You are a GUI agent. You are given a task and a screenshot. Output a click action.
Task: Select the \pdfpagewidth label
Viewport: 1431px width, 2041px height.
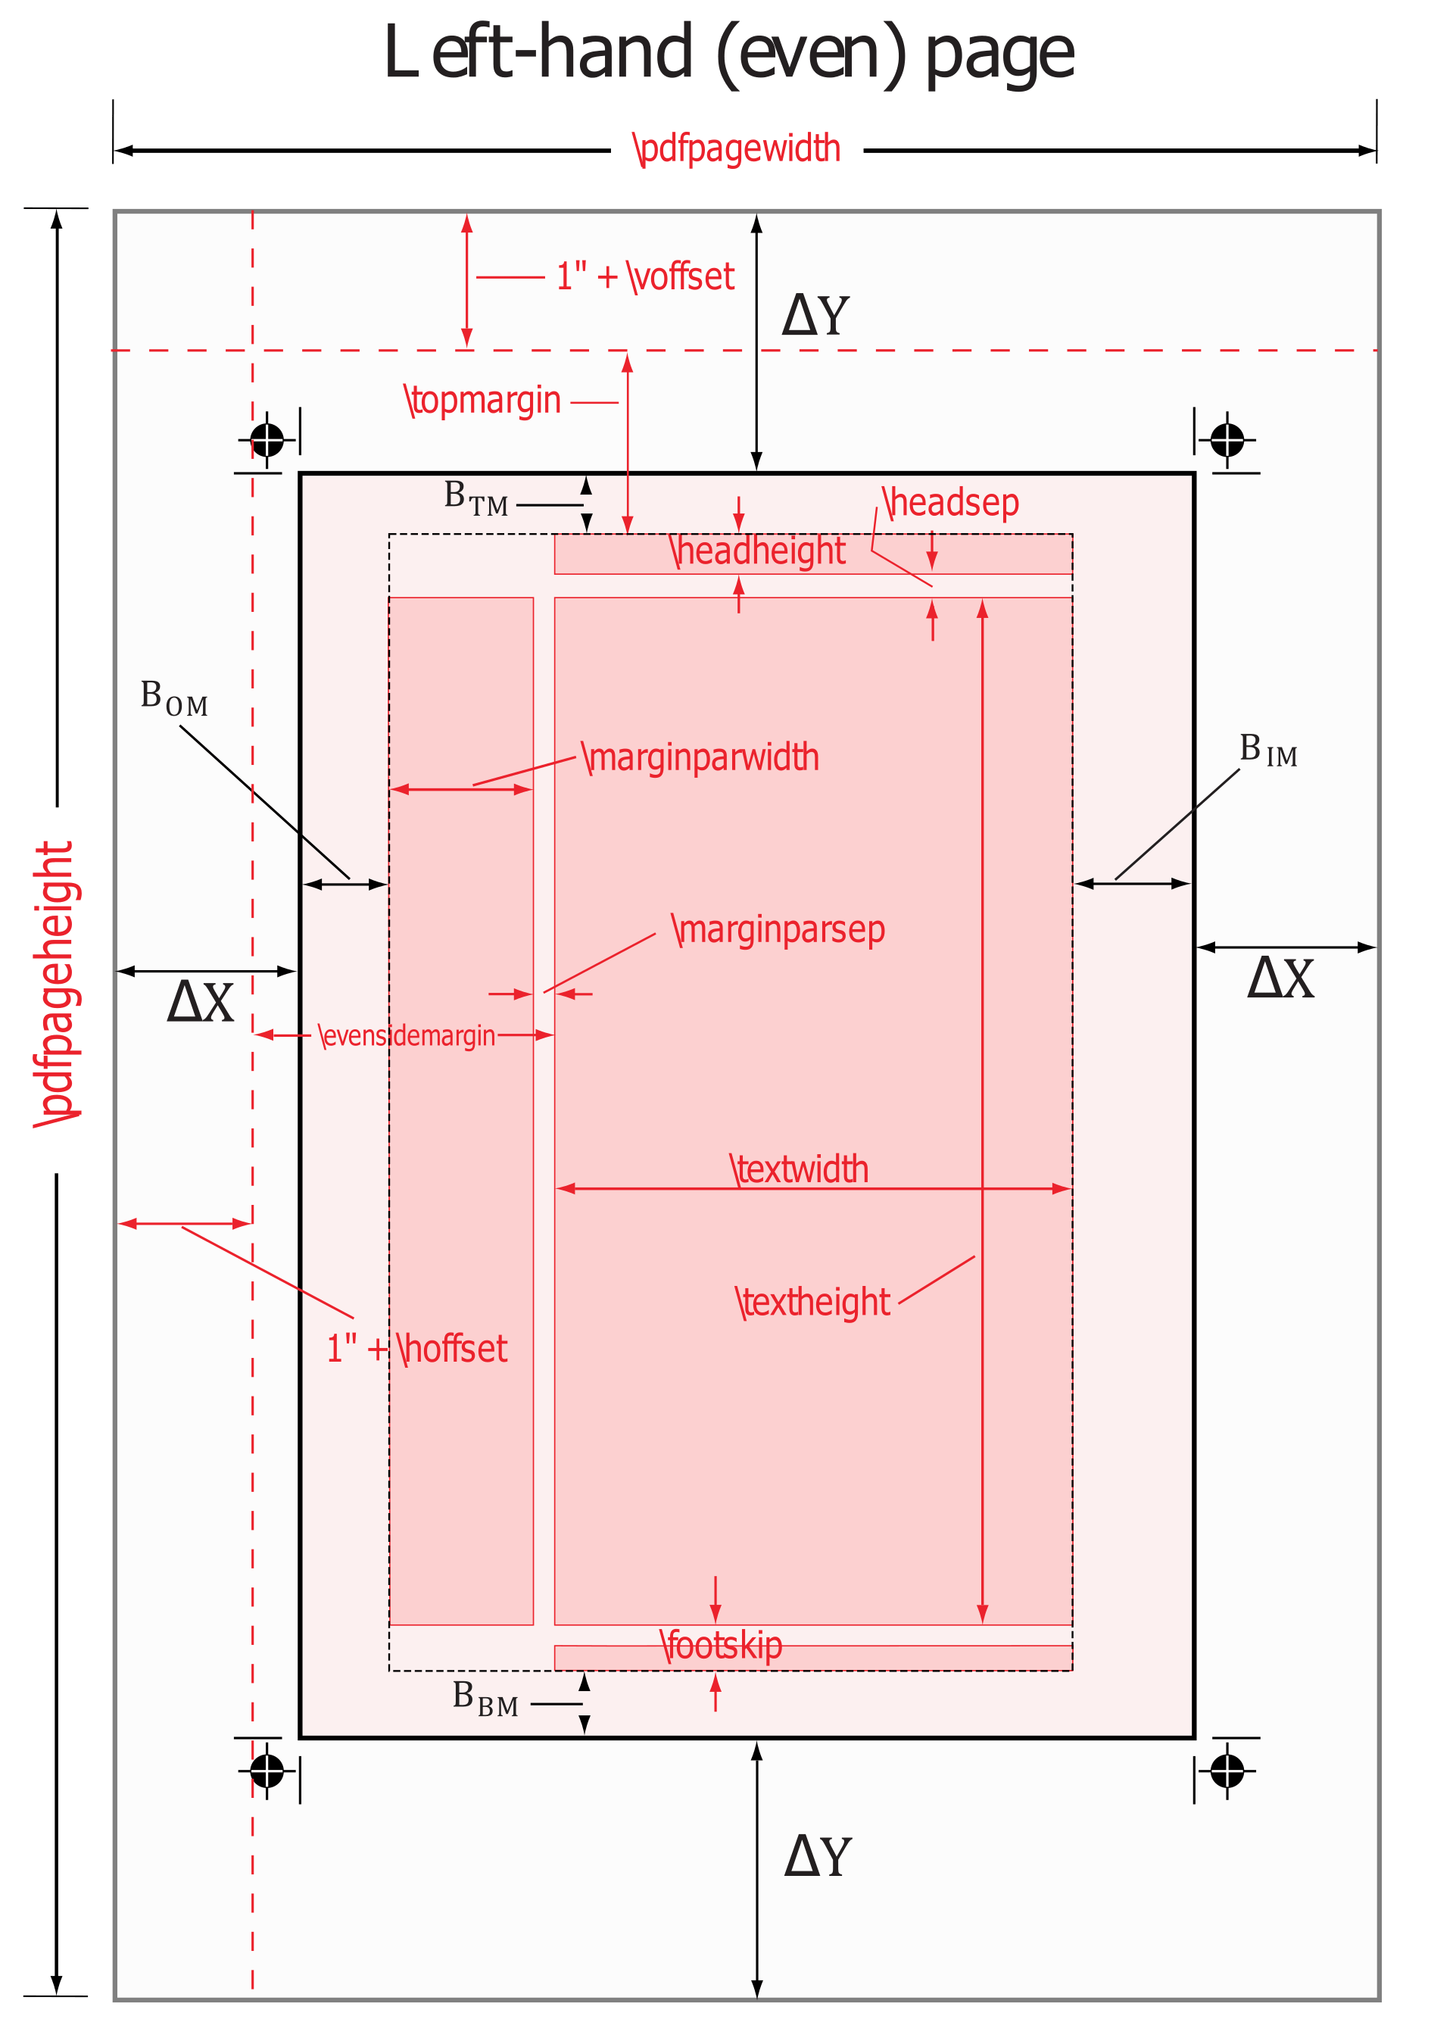pos(737,148)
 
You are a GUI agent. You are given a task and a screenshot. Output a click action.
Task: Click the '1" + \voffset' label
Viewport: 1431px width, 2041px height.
pos(645,277)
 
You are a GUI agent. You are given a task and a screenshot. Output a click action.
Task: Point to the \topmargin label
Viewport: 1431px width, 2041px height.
pos(484,401)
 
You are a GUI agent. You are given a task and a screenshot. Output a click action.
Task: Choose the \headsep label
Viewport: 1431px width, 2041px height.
pos(950,503)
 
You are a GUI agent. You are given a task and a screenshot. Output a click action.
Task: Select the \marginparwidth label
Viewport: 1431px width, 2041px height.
pos(700,758)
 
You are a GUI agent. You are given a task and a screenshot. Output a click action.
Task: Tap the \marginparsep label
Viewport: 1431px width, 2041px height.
pos(778,930)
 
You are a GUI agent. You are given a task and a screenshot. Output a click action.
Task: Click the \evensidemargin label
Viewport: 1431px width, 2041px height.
pos(407,1035)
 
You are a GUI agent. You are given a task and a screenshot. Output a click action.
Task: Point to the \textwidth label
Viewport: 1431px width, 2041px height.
pos(799,1170)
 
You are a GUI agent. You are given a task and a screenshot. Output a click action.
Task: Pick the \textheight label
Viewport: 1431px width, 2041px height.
pos(812,1303)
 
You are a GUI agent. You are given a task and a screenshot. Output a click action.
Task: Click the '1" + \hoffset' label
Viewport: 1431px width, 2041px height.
pos(417,1350)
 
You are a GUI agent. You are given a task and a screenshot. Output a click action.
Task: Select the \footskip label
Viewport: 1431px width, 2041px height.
pos(721,1646)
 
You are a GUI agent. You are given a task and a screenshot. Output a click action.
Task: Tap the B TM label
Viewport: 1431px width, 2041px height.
pos(475,498)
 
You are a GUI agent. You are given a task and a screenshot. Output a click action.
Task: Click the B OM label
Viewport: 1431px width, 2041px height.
pos(174,699)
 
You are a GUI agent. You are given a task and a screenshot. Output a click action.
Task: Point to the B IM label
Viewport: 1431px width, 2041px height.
pos(1268,751)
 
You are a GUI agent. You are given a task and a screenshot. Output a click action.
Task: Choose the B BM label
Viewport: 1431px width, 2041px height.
pos(485,1699)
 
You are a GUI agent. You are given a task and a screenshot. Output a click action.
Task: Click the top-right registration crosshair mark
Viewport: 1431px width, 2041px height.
pos(1227,439)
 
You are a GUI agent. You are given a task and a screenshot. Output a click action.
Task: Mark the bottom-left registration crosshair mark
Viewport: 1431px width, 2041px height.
pos(267,1771)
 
